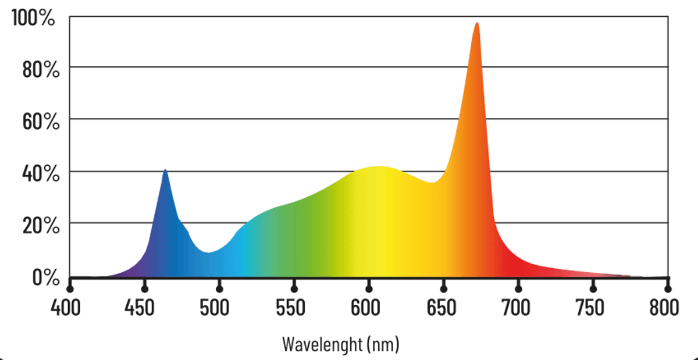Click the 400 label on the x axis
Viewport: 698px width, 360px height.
70,307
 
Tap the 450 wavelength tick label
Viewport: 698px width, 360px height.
144,307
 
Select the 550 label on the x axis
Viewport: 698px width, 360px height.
294,307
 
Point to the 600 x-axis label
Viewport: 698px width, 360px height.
369,307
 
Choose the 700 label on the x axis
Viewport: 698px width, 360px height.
518,307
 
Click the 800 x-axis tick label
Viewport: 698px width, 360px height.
667,307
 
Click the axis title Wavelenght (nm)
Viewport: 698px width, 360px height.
341,344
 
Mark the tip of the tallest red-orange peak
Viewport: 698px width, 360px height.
477,23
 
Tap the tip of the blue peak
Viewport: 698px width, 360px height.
165,170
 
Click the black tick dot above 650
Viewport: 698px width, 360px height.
444,288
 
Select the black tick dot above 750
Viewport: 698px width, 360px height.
593,288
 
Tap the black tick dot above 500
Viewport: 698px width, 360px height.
219,288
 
